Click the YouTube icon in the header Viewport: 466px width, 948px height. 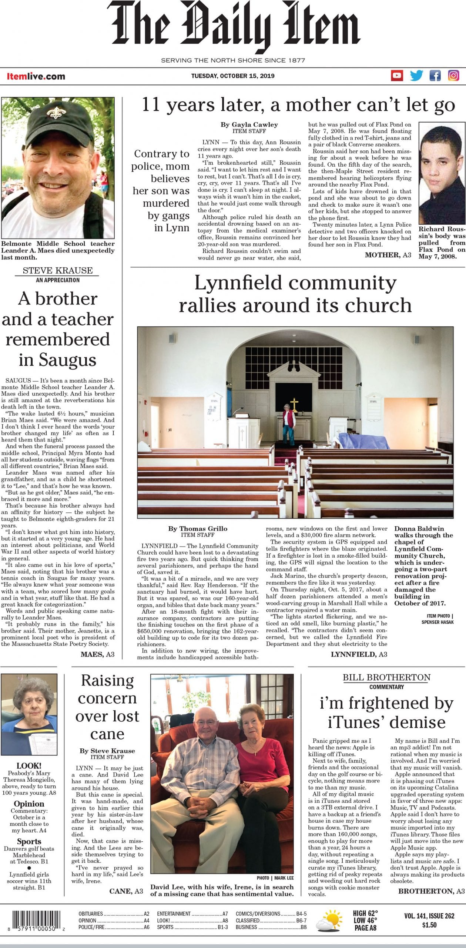tap(397, 76)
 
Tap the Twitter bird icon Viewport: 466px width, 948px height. tap(416, 76)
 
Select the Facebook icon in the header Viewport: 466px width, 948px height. tap(435, 76)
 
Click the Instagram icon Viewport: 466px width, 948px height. tap(454, 76)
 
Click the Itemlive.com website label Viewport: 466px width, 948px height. tap(36, 77)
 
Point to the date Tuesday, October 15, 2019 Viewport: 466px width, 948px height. tap(233, 76)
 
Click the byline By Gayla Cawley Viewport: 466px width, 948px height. tap(249, 124)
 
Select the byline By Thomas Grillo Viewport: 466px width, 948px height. tap(198, 528)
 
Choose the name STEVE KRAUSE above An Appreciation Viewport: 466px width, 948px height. tap(57, 270)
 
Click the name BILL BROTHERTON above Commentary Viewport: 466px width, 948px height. tap(386, 678)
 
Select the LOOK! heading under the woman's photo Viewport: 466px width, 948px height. tap(29, 766)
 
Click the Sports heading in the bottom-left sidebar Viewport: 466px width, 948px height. tap(29, 842)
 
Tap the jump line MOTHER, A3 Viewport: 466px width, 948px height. tap(388, 255)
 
